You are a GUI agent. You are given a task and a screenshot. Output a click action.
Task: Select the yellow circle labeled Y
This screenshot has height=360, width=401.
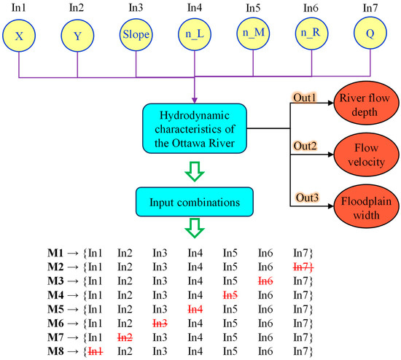pyautogui.click(x=77, y=34)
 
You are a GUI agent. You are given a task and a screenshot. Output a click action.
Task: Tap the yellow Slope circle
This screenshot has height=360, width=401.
pyautogui.click(x=136, y=34)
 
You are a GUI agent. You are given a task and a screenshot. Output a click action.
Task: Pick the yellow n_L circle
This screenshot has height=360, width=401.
pyautogui.click(x=194, y=34)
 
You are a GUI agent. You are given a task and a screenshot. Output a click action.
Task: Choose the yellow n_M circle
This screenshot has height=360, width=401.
pyautogui.click(x=252, y=34)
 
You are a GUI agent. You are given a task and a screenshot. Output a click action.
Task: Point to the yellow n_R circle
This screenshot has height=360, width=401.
pyautogui.click(x=311, y=34)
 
